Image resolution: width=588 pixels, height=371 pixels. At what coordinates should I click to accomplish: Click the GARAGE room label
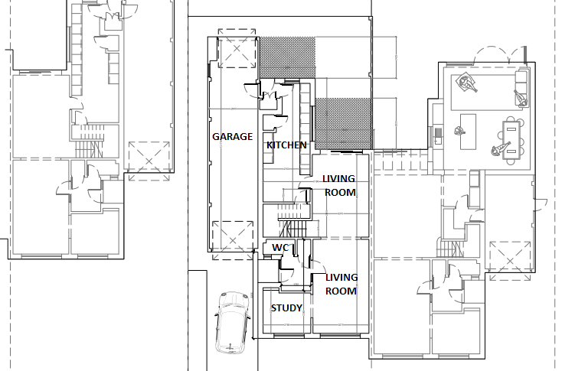233,137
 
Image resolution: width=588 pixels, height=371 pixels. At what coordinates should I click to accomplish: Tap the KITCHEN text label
286,145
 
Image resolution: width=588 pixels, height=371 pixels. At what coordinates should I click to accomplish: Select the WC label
280,248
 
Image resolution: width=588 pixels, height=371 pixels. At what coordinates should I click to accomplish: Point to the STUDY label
286,308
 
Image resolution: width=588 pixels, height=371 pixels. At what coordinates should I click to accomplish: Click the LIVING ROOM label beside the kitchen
339,185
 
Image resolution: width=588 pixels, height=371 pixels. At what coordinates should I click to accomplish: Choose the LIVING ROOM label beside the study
341,284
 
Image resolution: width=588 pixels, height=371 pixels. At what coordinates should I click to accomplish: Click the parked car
232,323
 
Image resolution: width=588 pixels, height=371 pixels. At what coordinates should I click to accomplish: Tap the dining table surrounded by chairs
511,141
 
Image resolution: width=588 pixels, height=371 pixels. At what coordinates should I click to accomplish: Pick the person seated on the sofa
520,97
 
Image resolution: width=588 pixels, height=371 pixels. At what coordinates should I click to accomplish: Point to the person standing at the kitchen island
459,131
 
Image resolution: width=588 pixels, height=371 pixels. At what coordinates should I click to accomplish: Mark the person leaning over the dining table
499,148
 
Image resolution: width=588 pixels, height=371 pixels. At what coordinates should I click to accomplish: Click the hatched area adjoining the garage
288,57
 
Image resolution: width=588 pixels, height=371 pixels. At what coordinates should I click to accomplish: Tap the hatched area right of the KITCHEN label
343,123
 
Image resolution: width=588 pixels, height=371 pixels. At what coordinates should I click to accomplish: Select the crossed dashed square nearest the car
233,240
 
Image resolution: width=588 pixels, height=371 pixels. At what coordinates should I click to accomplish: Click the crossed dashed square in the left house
149,161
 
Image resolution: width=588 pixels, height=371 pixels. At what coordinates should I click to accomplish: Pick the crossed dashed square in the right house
510,261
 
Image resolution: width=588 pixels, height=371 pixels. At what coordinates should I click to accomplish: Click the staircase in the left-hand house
89,142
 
